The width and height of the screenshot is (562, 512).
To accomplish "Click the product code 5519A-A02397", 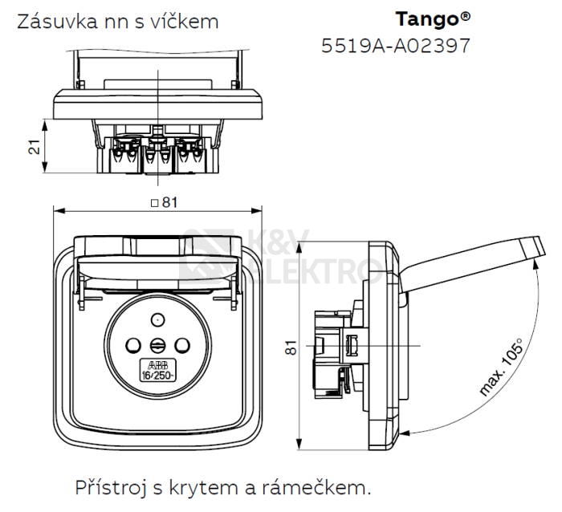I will (x=395, y=46).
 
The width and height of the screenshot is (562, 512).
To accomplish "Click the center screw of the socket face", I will (x=157, y=346).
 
